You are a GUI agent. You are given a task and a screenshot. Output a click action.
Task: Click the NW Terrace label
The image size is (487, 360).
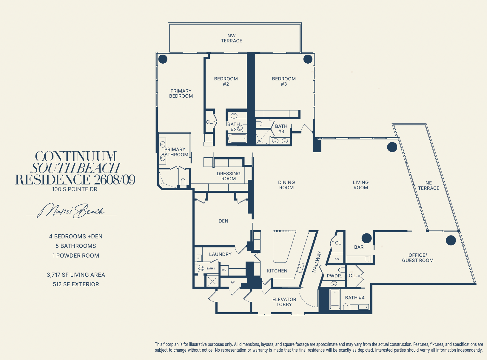232,38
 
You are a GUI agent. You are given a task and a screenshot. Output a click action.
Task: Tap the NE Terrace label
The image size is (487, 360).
429,186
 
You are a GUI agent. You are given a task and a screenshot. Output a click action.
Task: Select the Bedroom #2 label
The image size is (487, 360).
226,81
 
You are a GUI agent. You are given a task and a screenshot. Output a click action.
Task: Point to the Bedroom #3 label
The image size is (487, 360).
284,81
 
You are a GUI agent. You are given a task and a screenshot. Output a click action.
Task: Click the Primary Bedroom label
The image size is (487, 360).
181,93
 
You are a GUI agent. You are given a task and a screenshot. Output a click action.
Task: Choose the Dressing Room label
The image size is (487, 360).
229,176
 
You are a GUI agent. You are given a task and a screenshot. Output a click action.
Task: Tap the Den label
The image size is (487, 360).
223,221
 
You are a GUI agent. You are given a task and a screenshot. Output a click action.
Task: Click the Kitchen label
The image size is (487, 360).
277,271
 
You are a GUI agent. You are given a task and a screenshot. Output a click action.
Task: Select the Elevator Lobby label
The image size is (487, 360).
284,302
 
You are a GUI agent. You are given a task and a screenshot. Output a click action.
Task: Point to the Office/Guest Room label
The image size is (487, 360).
417,258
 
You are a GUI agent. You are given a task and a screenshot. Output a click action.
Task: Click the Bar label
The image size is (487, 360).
359,247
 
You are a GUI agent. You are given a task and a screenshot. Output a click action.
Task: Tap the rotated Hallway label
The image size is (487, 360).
317,262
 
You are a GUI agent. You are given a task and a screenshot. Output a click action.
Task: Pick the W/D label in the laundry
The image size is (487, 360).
224,270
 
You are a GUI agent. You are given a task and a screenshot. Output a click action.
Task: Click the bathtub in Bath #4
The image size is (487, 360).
335,298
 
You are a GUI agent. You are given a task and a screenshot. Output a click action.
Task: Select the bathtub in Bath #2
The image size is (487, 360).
237,139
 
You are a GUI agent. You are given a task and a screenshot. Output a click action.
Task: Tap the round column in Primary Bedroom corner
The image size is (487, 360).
163,59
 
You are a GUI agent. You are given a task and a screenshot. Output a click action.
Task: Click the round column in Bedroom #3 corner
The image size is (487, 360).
308,59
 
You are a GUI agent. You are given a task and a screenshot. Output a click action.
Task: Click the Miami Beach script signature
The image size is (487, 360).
71,210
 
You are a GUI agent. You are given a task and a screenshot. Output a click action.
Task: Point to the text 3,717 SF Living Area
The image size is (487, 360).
76,275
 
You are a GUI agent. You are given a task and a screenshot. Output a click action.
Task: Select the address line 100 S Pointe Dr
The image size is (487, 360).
75,189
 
